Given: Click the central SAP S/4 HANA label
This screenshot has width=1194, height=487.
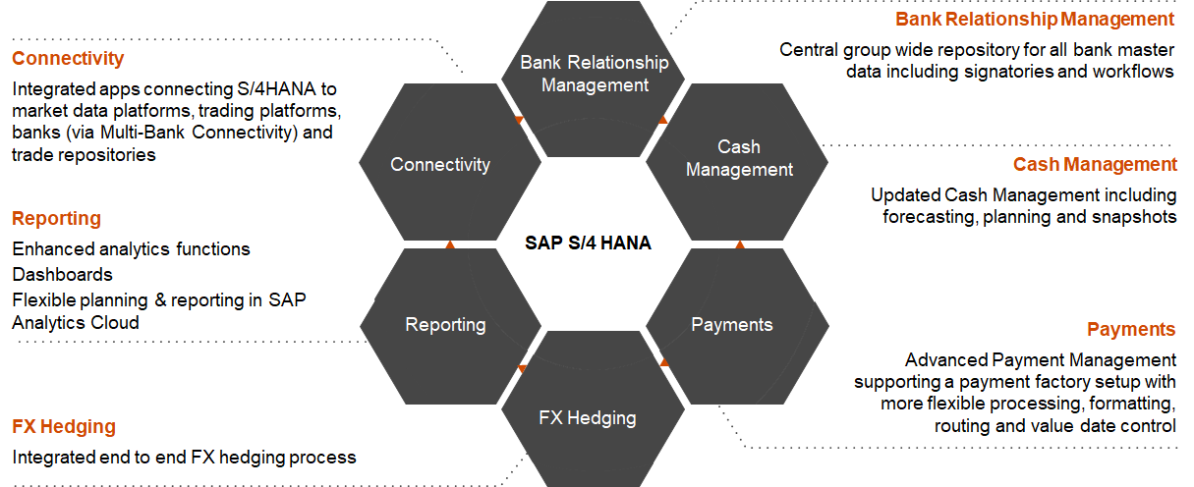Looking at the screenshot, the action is pyautogui.click(x=588, y=243).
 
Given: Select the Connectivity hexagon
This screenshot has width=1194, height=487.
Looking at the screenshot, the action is pyautogui.click(x=450, y=162).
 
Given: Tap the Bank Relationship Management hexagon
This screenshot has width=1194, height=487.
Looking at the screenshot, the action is pyautogui.click(x=594, y=79).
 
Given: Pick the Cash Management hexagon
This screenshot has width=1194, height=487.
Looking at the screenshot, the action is pyautogui.click(x=737, y=162).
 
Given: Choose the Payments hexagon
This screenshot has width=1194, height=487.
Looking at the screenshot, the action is pyautogui.click(x=737, y=326).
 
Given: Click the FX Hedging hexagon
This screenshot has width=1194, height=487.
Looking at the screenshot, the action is pyautogui.click(x=594, y=409).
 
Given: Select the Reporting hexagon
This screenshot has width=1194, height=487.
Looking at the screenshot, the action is pyautogui.click(x=450, y=326).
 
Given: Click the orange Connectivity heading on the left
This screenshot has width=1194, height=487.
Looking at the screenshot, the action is pyautogui.click(x=68, y=58).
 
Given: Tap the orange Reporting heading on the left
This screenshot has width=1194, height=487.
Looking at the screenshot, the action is pyautogui.click(x=56, y=218).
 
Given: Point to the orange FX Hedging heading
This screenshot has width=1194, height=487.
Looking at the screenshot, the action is pyautogui.click(x=64, y=427).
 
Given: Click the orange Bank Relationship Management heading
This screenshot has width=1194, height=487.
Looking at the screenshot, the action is pyautogui.click(x=1035, y=20).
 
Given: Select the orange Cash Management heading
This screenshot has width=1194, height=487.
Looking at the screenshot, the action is pyautogui.click(x=1095, y=165).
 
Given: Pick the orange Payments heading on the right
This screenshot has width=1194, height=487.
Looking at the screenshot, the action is pyautogui.click(x=1131, y=329).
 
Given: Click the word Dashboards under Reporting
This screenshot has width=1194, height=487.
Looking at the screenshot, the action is pyautogui.click(x=62, y=274).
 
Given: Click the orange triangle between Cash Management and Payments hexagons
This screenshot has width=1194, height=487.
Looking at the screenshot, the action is pyautogui.click(x=740, y=244).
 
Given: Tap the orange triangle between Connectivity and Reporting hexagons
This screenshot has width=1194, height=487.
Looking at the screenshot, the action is pyautogui.click(x=450, y=244).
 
